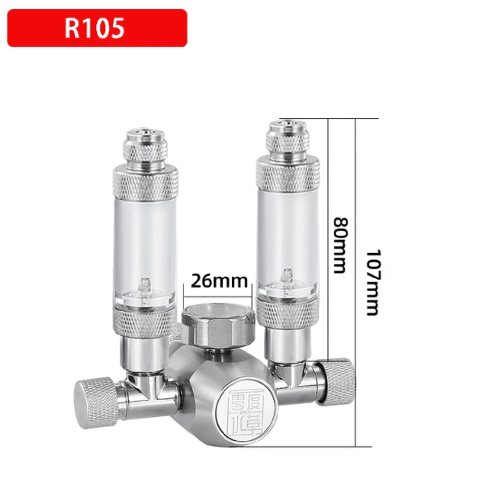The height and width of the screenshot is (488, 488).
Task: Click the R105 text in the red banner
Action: tap(94, 28)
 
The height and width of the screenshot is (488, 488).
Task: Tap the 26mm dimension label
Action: tap(219, 281)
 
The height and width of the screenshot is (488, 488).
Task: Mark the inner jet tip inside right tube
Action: tap(287, 276)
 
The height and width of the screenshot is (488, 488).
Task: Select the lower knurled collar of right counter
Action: tap(287, 312)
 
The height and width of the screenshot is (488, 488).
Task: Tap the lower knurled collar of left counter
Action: tap(145, 322)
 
